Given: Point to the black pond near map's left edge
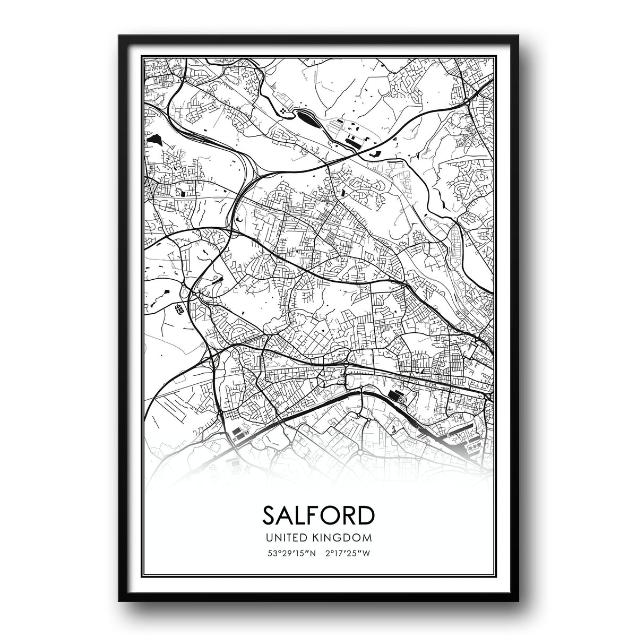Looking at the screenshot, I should pyautogui.click(x=156, y=139).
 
